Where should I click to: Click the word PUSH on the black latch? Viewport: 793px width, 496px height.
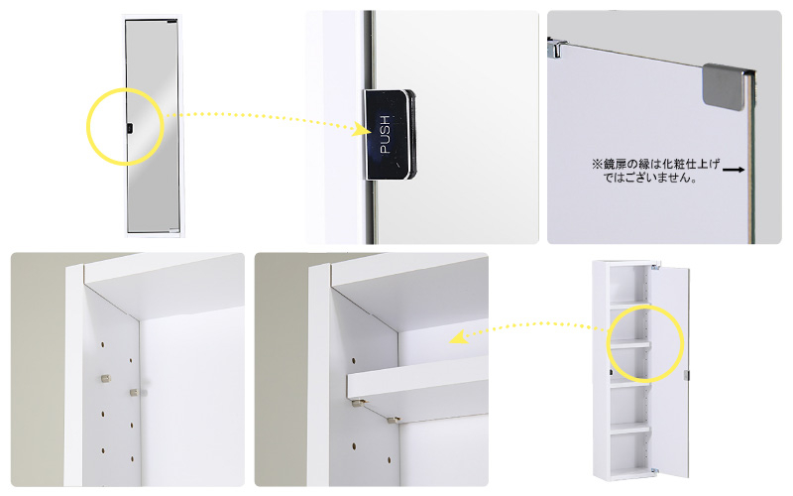pyautogui.click(x=386, y=135)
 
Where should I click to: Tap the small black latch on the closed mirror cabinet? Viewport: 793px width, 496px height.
pyautogui.click(x=130, y=129)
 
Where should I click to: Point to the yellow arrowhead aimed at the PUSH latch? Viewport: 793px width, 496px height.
pyautogui.click(x=364, y=129)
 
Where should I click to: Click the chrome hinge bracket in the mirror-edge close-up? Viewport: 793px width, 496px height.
pyautogui.click(x=557, y=47)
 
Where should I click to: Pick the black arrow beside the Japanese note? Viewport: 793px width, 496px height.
pyautogui.click(x=734, y=170)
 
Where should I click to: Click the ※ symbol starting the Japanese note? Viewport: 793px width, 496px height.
pyautogui.click(x=597, y=164)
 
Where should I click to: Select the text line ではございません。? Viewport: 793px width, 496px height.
pyautogui.click(x=649, y=178)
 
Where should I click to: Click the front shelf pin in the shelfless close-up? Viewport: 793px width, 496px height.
pyautogui.click(x=106, y=378)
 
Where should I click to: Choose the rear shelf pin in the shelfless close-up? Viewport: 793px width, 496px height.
pyautogui.click(x=135, y=392)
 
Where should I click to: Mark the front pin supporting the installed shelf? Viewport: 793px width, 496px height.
pyautogui.click(x=358, y=403)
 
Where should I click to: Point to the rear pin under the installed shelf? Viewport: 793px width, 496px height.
pyautogui.click(x=393, y=419)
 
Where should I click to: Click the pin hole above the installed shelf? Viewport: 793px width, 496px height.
pyautogui.click(x=354, y=361)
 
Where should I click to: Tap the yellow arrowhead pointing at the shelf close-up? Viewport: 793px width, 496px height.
pyautogui.click(x=458, y=337)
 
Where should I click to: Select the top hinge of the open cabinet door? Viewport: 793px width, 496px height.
pyautogui.click(x=656, y=266)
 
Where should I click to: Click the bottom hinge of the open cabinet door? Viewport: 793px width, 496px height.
pyautogui.click(x=655, y=470)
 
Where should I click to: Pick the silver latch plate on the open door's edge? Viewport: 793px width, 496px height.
pyautogui.click(x=687, y=375)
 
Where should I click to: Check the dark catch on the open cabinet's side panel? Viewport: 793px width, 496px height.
pyautogui.click(x=611, y=373)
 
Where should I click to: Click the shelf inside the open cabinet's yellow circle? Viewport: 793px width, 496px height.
pyautogui.click(x=629, y=344)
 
